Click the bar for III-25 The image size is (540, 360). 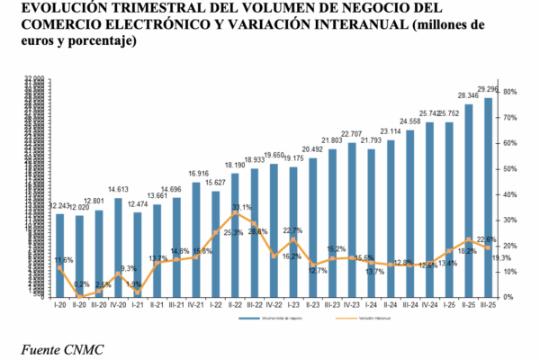click(488, 198)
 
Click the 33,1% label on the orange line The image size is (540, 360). click(241, 208)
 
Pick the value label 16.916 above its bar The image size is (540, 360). click(198, 173)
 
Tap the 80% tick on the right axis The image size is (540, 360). click(509, 92)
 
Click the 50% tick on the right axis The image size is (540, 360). click(509, 168)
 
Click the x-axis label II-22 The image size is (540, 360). click(235, 305)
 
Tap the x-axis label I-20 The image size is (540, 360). click(59, 305)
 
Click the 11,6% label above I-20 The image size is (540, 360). click(62, 260)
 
